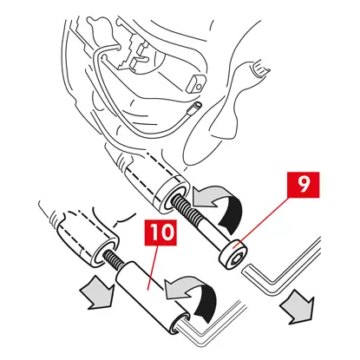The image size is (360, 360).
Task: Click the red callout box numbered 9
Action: point(303,185)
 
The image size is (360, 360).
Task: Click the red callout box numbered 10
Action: point(160,232)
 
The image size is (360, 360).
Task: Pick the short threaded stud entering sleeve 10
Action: point(115,259)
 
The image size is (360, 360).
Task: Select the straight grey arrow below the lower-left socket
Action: point(96,291)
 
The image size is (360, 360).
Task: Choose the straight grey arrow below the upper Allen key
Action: point(298,307)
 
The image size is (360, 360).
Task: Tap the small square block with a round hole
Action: point(196,83)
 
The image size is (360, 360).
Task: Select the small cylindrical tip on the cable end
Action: point(196,108)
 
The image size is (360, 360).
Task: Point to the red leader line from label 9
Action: point(262,220)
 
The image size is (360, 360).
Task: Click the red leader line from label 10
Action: point(153,267)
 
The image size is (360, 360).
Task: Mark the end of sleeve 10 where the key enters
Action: point(179,324)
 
